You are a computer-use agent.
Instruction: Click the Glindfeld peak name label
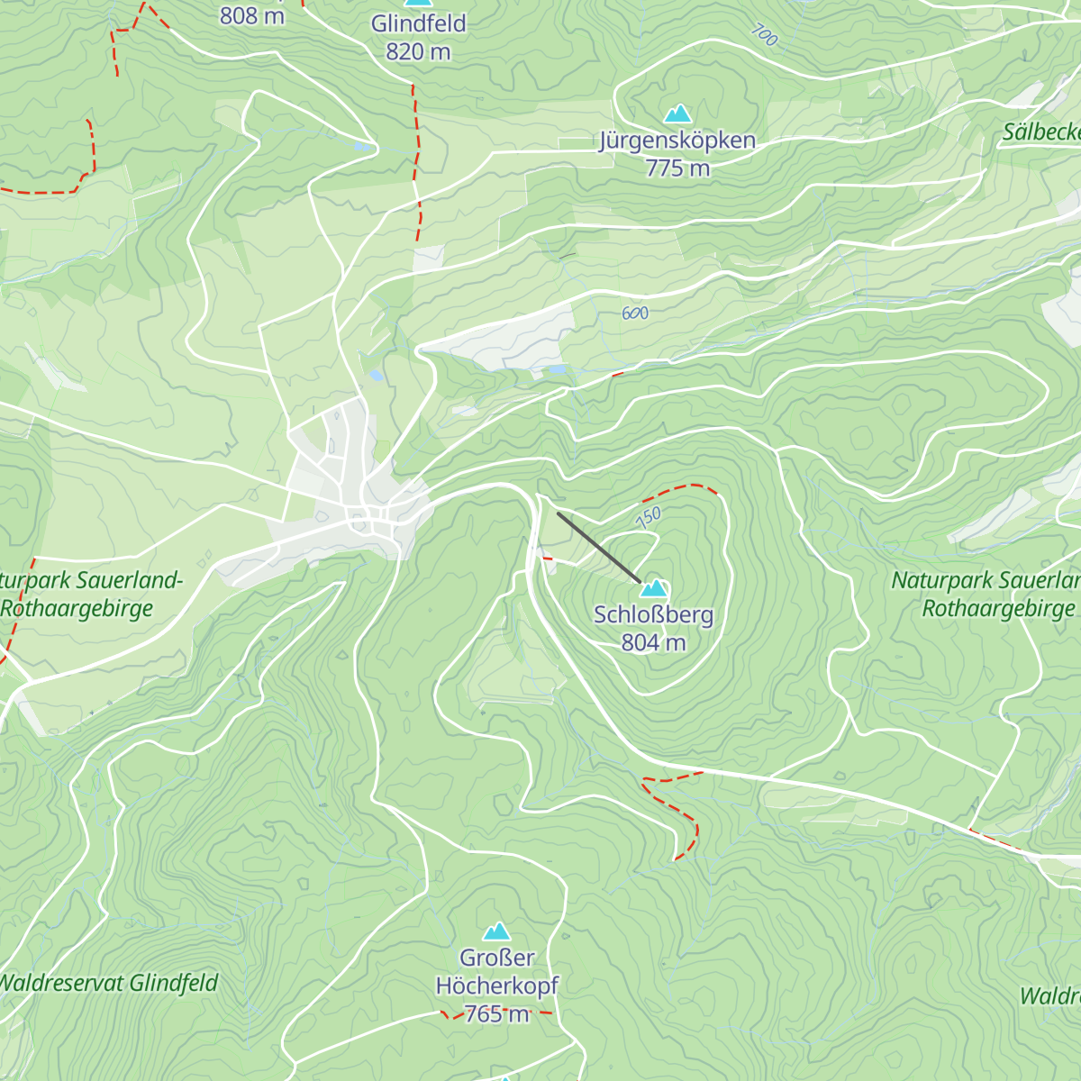tap(418, 23)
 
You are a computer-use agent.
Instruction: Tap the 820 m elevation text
tap(418, 52)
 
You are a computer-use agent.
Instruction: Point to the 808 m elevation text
tap(252, 14)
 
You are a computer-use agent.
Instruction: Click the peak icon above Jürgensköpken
tap(677, 114)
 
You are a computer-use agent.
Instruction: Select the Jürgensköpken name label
tap(677, 141)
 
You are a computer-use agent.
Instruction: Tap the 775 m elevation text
tap(677, 168)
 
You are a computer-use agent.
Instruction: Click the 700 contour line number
tap(764, 35)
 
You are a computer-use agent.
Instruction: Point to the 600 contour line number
tap(635, 313)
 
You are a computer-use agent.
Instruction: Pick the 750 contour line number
tap(649, 517)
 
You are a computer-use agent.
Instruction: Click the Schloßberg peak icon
tap(654, 588)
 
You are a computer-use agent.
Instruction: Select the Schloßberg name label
tap(654, 615)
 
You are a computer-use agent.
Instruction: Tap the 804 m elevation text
tap(654, 643)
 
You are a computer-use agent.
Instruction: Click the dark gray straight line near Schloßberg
tap(598, 547)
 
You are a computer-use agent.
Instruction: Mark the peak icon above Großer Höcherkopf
tap(496, 931)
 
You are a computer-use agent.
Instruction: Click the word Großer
tap(497, 958)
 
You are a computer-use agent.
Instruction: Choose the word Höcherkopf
tap(497, 986)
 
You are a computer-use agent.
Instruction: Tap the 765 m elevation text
tap(497, 1013)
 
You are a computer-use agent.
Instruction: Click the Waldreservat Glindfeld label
tap(108, 983)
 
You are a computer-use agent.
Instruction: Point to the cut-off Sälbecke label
tap(1041, 132)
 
